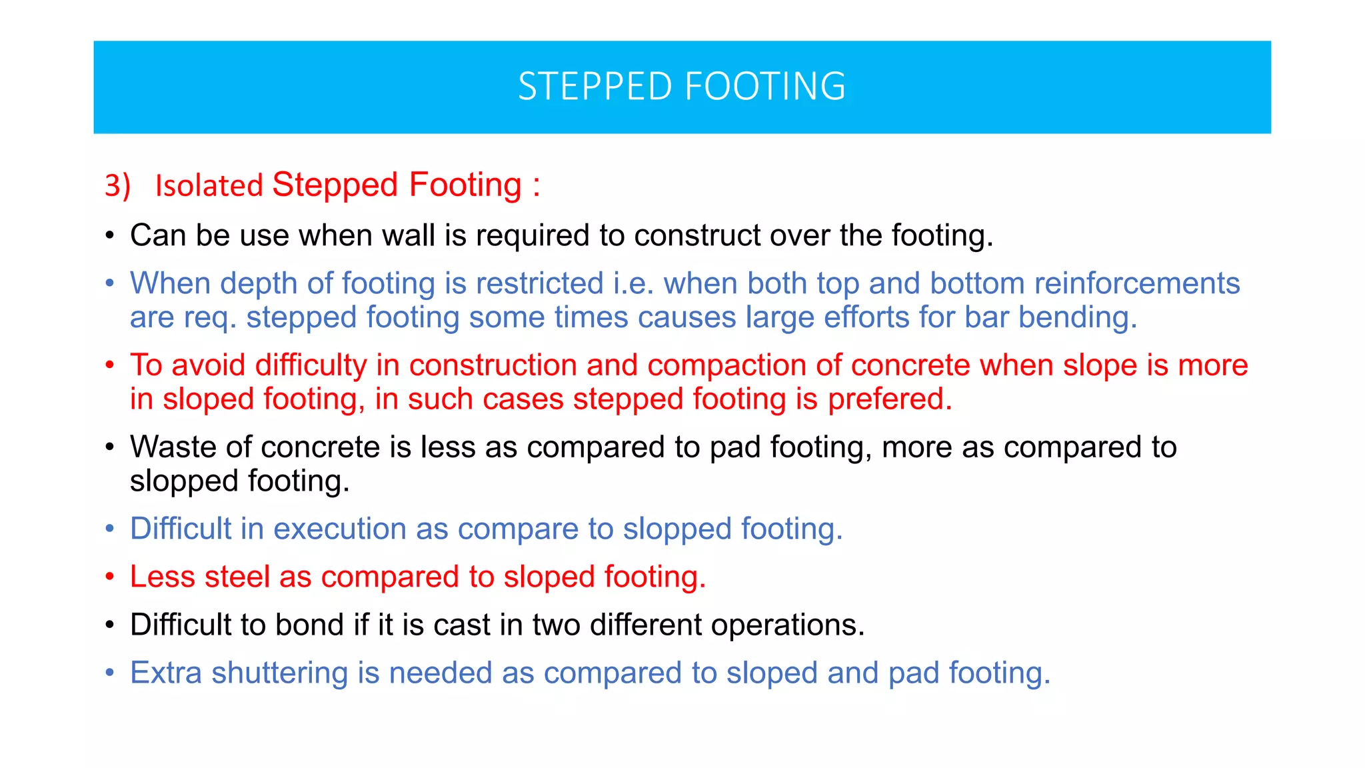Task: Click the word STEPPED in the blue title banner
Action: point(595,87)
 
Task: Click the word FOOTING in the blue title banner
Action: point(765,87)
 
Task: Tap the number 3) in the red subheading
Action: point(117,185)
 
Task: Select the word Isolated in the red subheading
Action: point(209,186)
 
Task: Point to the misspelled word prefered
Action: point(889,399)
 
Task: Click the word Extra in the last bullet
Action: point(166,673)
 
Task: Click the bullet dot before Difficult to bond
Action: point(110,625)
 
